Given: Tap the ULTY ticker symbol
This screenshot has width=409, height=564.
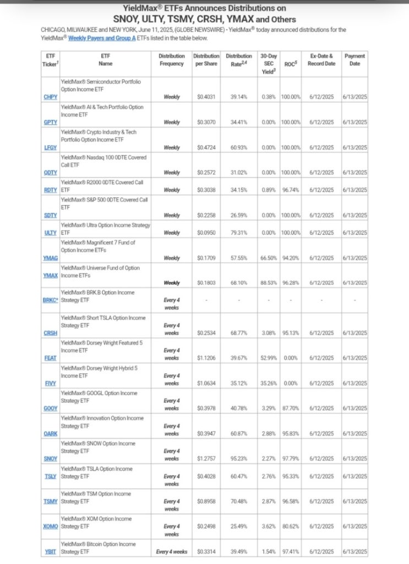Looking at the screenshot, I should click(50, 233).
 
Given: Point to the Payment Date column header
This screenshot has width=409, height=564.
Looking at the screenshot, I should click(355, 59).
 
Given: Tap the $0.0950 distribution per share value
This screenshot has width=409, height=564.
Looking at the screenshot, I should click(206, 233).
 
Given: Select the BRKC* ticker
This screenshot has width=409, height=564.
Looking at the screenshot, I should click(51, 301).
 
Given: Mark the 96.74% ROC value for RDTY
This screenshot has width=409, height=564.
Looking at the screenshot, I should click(291, 190).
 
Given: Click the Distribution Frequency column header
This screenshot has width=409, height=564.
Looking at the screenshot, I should click(171, 59).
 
